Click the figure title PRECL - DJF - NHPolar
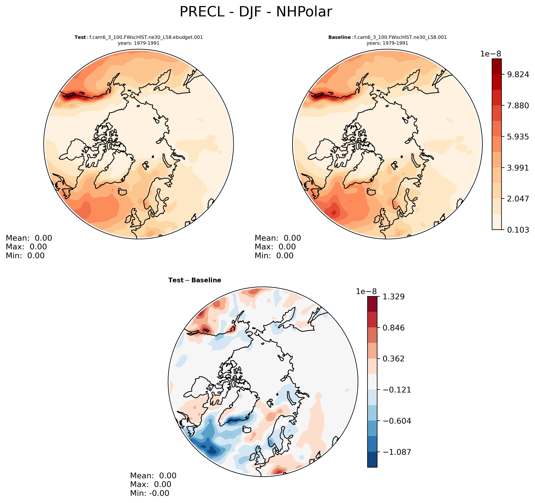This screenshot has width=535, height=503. [256, 12]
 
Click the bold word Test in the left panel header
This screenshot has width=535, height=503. [80, 37]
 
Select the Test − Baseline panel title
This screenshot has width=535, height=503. [195, 280]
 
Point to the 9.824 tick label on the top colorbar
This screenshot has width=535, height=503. [518, 74]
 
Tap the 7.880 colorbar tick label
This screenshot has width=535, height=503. [518, 106]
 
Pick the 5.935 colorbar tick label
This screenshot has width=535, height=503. [518, 137]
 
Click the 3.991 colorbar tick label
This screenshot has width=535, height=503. [518, 168]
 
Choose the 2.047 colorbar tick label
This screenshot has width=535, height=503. [518, 199]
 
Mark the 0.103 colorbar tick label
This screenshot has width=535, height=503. [518, 230]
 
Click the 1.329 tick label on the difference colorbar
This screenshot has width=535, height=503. [393, 297]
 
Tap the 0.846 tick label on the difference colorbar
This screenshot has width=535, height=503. [393, 328]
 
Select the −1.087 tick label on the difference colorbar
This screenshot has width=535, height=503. [397, 452]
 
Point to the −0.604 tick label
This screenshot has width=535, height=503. [397, 421]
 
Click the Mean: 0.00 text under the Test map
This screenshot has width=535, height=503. [29, 238]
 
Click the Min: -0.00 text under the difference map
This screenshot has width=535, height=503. [150, 493]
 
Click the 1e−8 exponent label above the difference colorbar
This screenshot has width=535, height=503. [366, 291]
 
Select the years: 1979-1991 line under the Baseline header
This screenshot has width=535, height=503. [387, 43]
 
